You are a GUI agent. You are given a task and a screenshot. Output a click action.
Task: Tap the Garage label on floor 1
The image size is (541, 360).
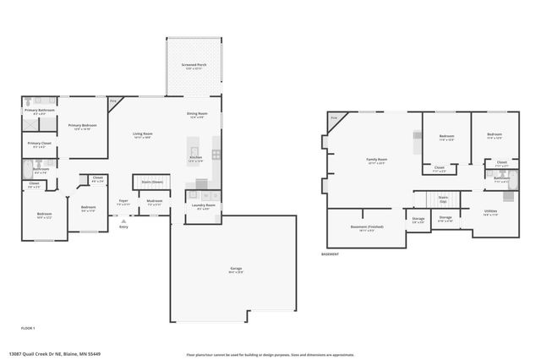point(236,269)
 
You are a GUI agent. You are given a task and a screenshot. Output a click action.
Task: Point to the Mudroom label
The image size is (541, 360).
point(155,201)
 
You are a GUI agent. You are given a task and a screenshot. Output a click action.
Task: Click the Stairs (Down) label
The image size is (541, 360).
point(152,182)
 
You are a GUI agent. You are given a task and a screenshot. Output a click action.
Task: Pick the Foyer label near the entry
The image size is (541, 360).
point(123,201)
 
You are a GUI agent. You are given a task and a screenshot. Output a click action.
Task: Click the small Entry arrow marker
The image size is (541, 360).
point(123,221)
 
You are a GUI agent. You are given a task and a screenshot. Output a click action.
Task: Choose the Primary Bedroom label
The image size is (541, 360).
point(83,126)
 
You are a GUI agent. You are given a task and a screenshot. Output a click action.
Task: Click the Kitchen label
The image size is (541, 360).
point(195,157)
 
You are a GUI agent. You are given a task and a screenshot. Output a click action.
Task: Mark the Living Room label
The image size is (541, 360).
point(142,134)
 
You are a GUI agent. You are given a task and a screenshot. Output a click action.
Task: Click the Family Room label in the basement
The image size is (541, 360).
point(376,160)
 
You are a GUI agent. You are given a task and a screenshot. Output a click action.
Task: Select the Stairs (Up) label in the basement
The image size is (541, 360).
point(442,199)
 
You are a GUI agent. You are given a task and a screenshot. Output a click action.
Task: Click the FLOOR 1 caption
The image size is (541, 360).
point(28,327)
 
